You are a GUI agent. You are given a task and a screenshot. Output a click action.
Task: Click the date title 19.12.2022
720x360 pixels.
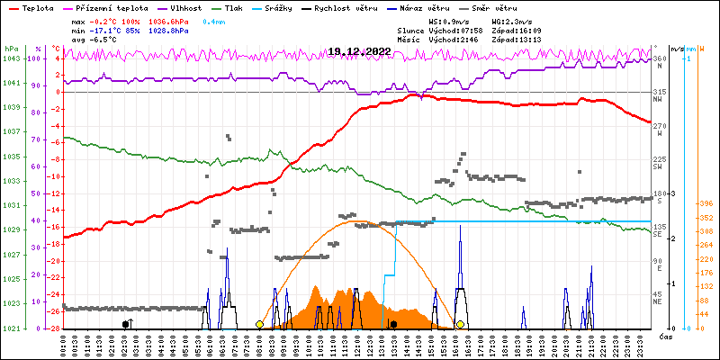(x=359, y=52)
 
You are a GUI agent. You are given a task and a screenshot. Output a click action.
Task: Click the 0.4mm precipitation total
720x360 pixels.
(x=213, y=20)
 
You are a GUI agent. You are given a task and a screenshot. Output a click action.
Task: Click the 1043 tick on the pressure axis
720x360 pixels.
(x=11, y=58)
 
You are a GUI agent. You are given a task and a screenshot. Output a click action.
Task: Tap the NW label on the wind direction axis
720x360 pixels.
(x=659, y=100)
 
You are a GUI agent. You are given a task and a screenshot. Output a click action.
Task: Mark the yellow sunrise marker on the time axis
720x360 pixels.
(x=259, y=324)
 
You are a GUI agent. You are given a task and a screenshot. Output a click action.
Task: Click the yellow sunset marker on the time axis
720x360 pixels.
(x=460, y=324)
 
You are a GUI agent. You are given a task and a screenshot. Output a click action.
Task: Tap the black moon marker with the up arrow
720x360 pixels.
(x=127, y=323)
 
